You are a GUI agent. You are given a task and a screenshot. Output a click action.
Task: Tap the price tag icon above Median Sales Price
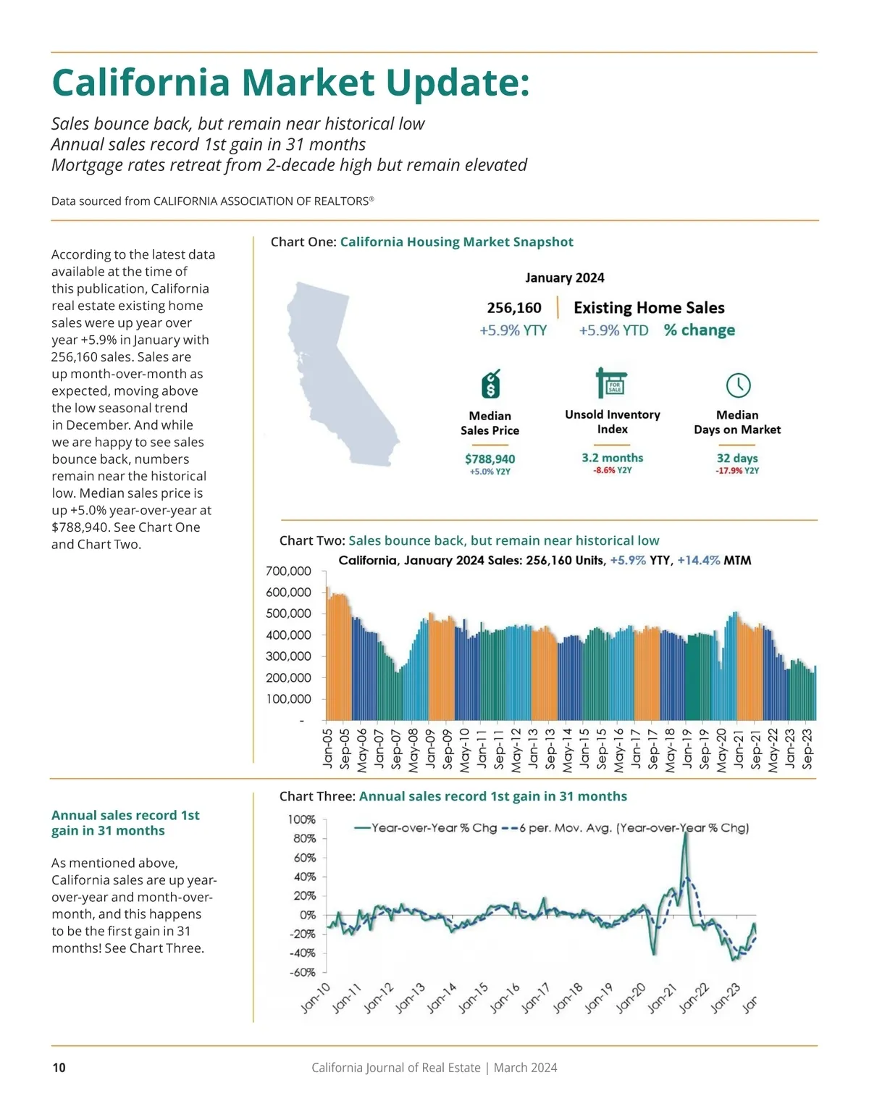click(491, 384)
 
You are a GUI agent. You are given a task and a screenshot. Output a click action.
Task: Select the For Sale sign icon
click(611, 382)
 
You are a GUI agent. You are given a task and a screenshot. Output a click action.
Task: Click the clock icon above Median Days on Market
click(738, 385)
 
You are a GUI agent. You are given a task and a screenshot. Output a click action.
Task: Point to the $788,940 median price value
click(490, 459)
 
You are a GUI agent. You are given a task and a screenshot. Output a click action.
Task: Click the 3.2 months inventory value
click(612, 458)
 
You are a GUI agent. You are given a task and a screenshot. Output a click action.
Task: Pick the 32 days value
click(737, 458)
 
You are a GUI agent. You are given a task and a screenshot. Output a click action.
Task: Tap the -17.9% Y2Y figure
click(737, 471)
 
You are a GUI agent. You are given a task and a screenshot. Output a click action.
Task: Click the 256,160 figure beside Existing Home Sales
click(514, 308)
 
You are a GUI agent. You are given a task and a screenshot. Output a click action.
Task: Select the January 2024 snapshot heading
click(565, 277)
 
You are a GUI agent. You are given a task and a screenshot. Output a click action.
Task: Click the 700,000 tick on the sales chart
click(289, 571)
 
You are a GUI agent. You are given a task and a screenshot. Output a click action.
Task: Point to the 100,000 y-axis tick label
click(289, 699)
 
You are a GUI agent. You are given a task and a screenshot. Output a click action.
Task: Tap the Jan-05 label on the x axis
click(327, 748)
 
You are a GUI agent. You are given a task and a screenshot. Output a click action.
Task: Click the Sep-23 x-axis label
click(808, 748)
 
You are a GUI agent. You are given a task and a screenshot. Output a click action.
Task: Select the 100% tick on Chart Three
click(302, 819)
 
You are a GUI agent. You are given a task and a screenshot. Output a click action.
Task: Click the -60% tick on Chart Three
click(302, 972)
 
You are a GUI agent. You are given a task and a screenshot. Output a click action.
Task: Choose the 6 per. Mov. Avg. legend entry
click(626, 827)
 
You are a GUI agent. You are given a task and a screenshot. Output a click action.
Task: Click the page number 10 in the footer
click(59, 1067)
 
